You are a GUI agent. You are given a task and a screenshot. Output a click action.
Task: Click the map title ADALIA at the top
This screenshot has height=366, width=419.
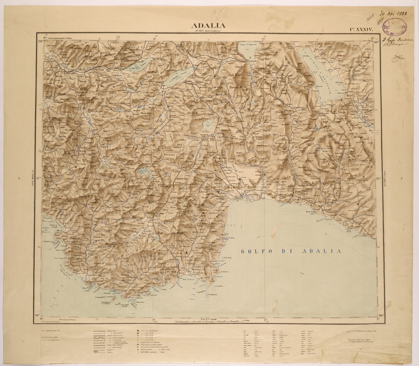coord(209,26)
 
